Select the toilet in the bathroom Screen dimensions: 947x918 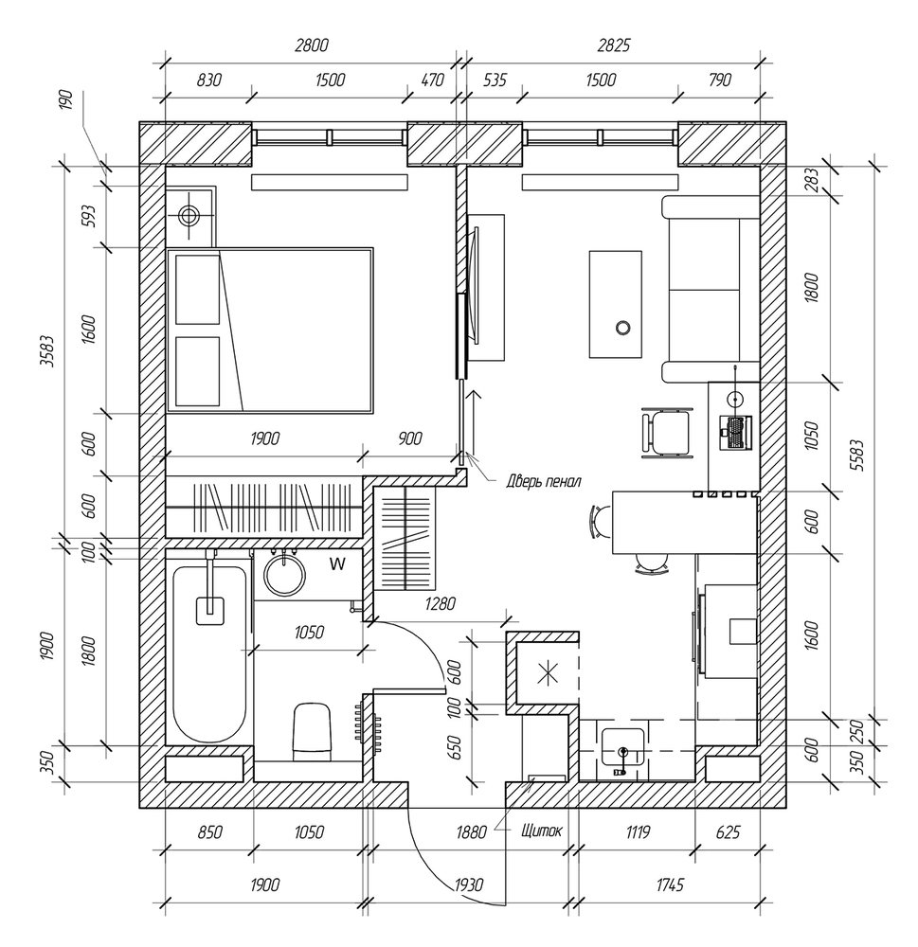click(312, 730)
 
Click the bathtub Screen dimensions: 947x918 click(210, 653)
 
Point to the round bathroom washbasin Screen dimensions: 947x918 click(280, 574)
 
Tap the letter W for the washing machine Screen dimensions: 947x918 click(336, 565)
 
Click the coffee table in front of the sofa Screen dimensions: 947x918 click(618, 303)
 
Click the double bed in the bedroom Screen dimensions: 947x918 click(269, 330)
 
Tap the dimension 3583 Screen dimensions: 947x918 click(47, 352)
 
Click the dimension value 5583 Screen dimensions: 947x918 click(857, 468)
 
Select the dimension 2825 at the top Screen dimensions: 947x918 click(613, 45)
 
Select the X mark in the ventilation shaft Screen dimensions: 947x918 click(545, 674)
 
